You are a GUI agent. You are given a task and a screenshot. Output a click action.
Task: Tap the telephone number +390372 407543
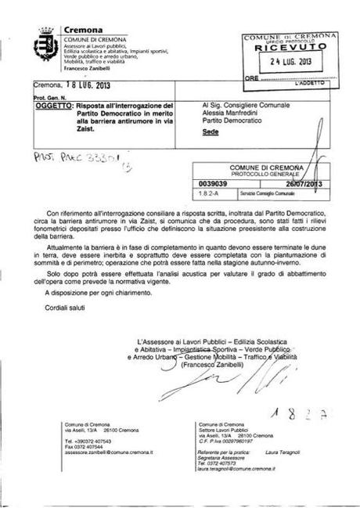point(90,441)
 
